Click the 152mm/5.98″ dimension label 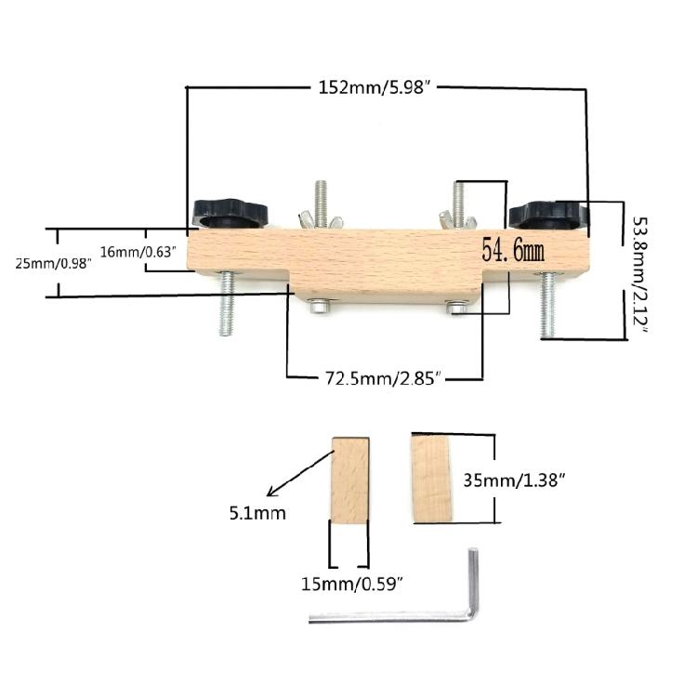(375, 87)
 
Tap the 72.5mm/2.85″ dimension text (383, 379)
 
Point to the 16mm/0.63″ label (138, 252)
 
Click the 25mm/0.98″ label (53, 263)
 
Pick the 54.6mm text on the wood (513, 250)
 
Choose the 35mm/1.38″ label (514, 480)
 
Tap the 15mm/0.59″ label (351, 584)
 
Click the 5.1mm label (257, 513)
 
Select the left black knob (230, 214)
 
